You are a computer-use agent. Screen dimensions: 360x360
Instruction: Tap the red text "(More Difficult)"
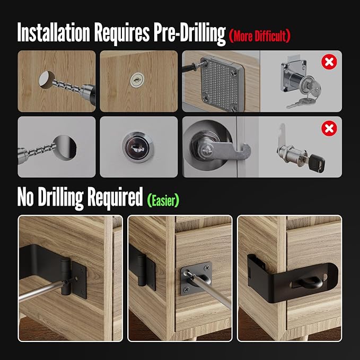pos(260,36)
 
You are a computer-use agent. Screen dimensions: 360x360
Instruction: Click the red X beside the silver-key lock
pos(329,63)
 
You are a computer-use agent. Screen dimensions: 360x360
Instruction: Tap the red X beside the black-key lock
pos(330,129)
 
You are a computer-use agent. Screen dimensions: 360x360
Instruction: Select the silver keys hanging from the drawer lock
pos(297,100)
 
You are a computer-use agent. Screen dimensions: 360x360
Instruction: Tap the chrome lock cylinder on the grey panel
pos(137,146)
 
